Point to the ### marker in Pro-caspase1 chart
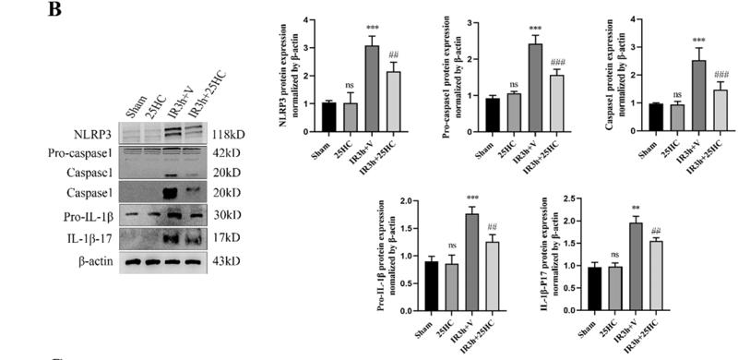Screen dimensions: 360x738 556,62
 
